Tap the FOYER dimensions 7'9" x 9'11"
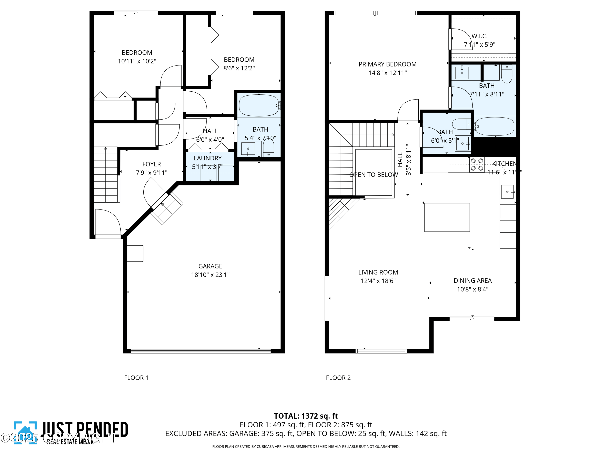151,173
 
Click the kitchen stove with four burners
477,165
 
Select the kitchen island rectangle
447,217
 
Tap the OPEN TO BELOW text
373,175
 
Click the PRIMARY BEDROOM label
387,64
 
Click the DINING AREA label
472,280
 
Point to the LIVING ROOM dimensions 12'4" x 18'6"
378,281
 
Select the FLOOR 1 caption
136,378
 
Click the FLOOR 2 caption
338,378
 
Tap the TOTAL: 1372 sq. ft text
306,416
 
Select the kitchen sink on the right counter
507,192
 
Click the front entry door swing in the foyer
108,223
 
